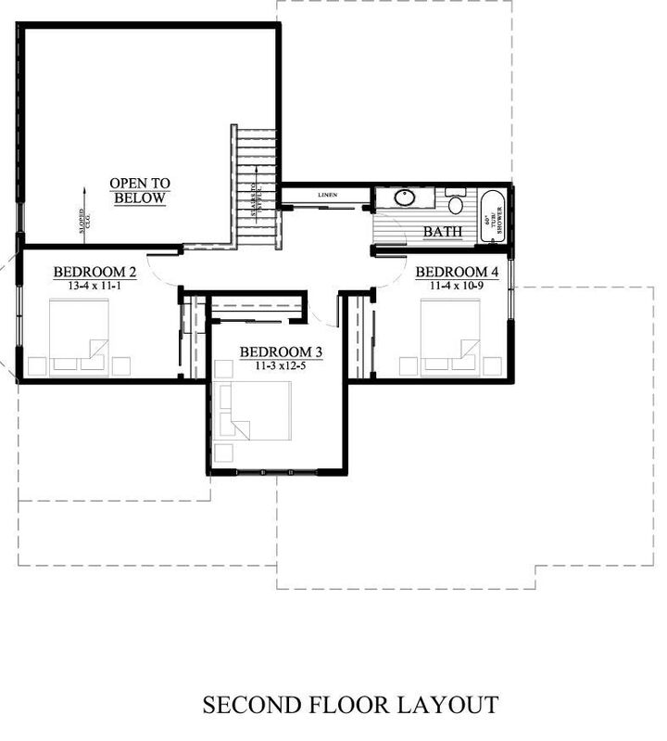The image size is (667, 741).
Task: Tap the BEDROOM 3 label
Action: pyautogui.click(x=281, y=352)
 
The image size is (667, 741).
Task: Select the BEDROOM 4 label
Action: pyautogui.click(x=457, y=272)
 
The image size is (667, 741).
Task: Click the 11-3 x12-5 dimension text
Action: pyautogui.click(x=281, y=367)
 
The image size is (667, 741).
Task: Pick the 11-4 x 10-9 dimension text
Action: pyautogui.click(x=457, y=287)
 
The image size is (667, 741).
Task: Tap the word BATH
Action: pyautogui.click(x=442, y=231)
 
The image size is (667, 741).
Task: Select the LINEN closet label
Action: pyautogui.click(x=327, y=196)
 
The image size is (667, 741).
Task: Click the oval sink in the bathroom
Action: pyautogui.click(x=405, y=198)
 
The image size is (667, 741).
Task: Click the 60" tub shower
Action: pyautogui.click(x=490, y=217)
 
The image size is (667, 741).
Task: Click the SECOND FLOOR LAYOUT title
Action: pyautogui.click(x=349, y=705)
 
